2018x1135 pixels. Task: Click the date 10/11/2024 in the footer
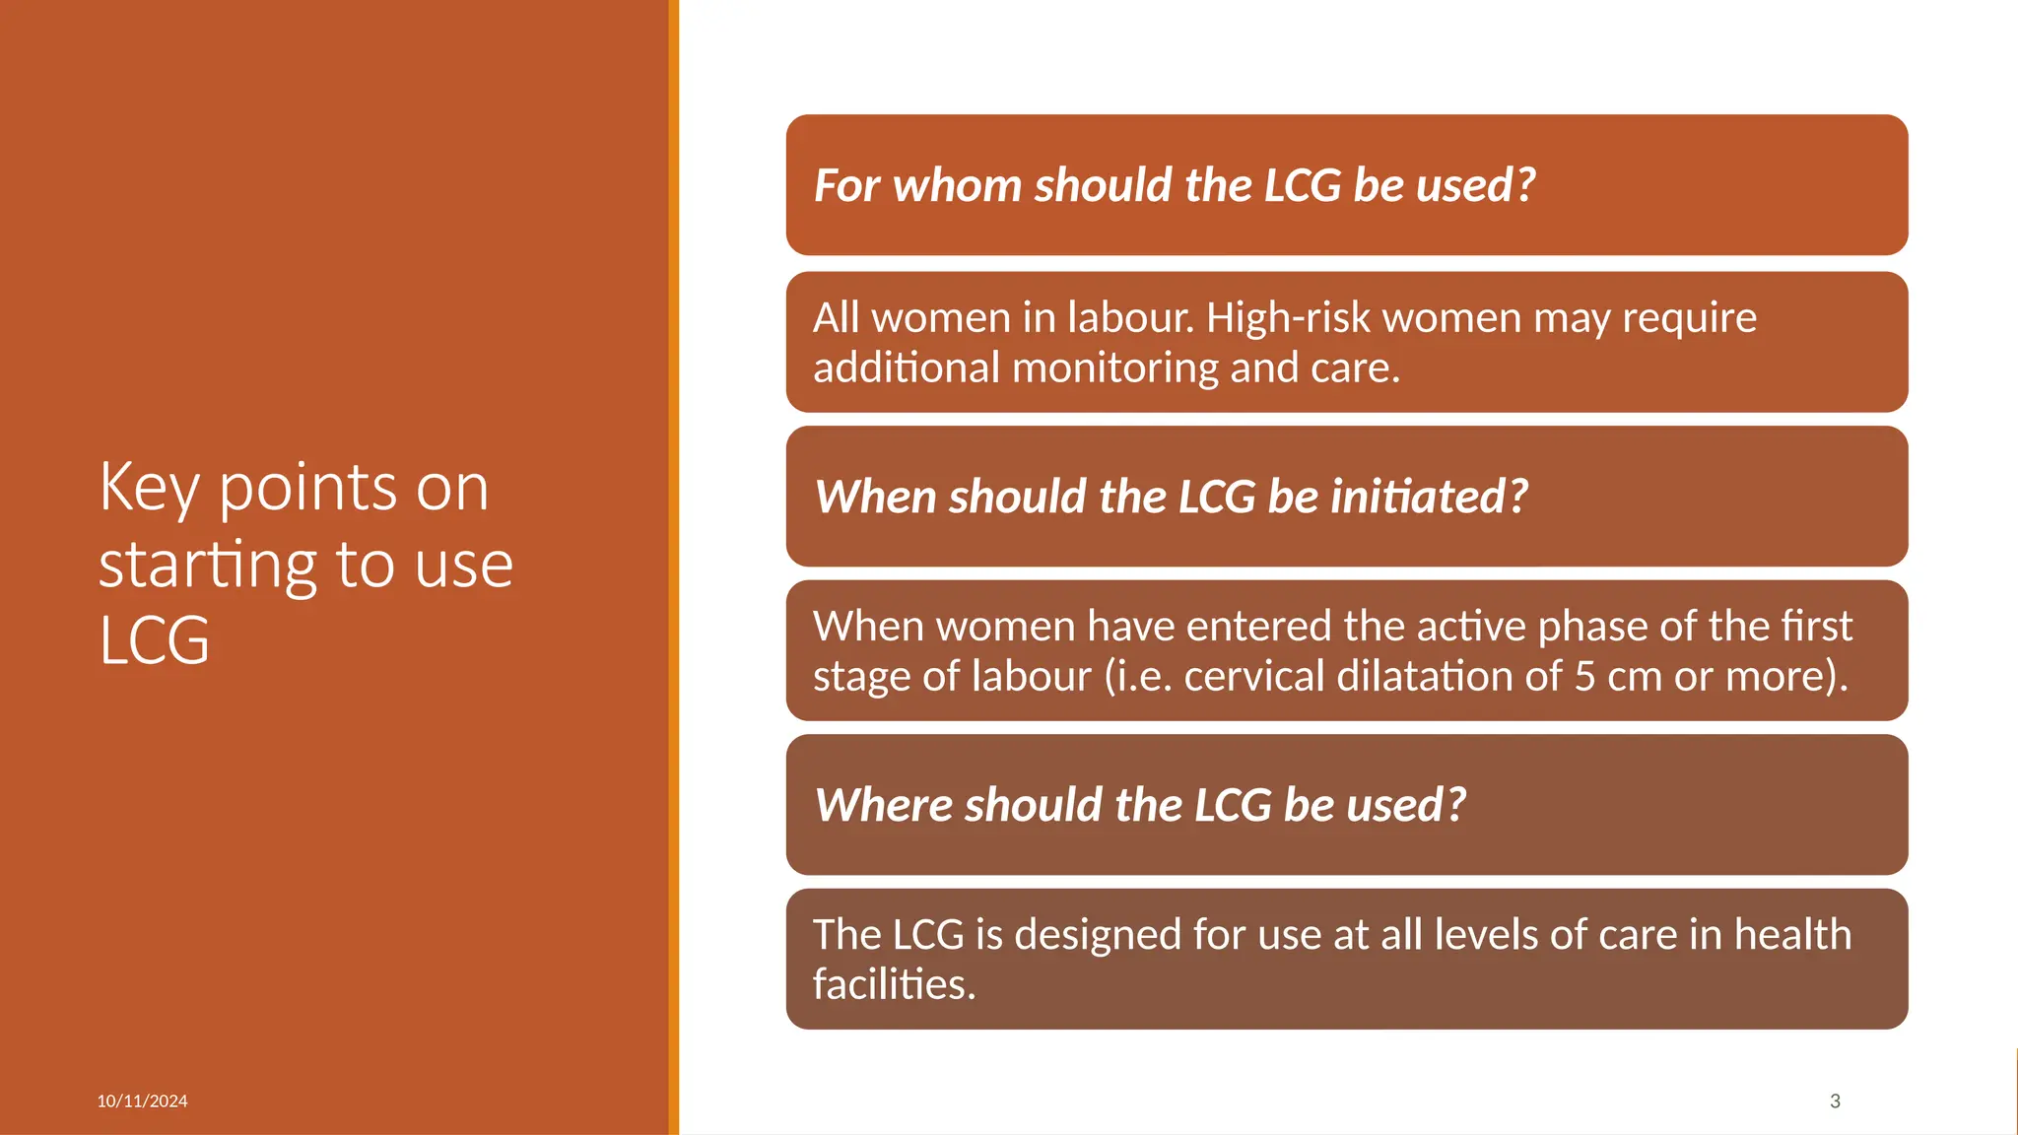click(142, 1102)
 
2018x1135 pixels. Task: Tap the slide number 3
click(1835, 1102)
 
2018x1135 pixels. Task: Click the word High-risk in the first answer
click(1288, 318)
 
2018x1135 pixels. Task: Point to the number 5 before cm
click(1584, 677)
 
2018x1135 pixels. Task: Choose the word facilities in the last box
click(892, 984)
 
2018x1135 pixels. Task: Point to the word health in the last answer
click(1792, 935)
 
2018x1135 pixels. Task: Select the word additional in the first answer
click(907, 368)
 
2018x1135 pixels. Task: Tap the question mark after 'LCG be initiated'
click(1516, 496)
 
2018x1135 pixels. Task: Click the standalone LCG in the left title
click(155, 641)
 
